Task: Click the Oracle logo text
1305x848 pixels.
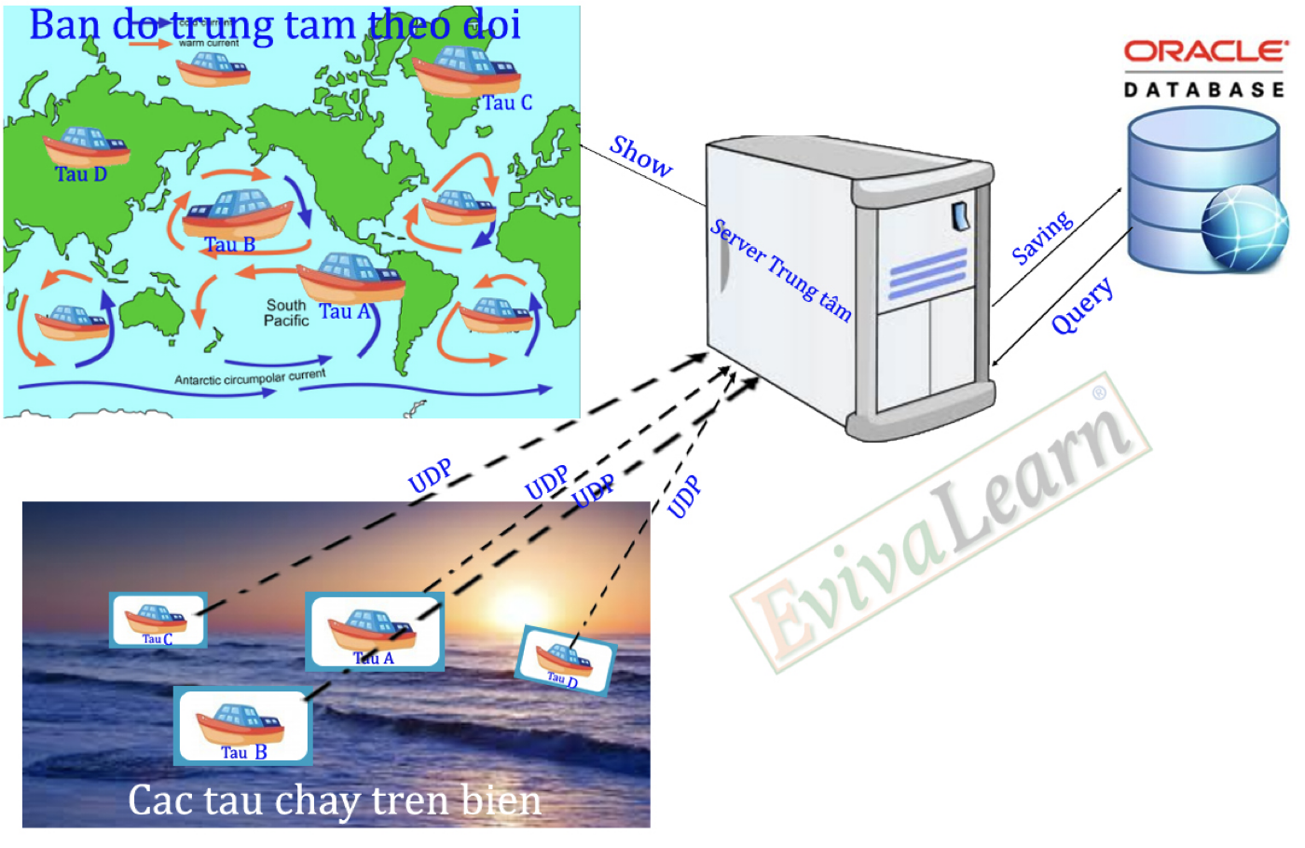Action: click(1204, 51)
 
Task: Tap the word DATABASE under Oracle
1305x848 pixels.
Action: click(1204, 89)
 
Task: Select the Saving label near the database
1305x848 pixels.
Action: click(1042, 239)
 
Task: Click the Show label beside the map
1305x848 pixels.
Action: click(640, 157)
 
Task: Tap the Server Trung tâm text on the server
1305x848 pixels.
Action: click(781, 270)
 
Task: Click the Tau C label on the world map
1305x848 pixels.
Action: click(507, 103)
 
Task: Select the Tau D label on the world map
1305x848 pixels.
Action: click(81, 174)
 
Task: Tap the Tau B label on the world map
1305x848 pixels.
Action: click(229, 244)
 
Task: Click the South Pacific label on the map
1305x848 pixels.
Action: click(286, 313)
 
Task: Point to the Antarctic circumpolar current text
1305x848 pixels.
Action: click(250, 377)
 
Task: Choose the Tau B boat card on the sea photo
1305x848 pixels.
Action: click(243, 726)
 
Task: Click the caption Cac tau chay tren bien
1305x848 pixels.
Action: click(335, 800)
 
